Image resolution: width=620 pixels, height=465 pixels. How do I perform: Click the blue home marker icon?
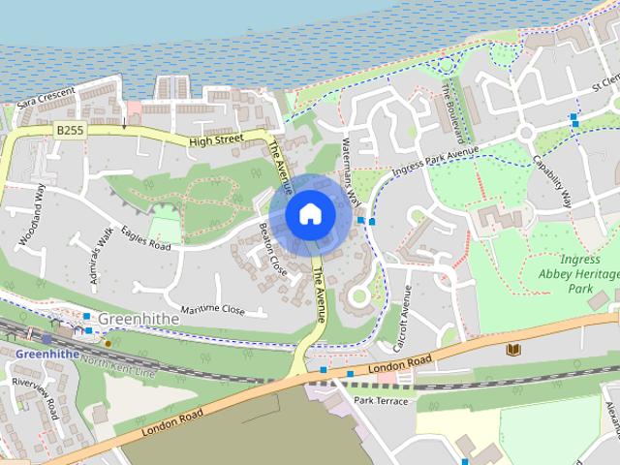(308, 213)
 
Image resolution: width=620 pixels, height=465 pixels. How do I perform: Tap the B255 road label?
(69, 128)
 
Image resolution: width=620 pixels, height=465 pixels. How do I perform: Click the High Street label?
(215, 140)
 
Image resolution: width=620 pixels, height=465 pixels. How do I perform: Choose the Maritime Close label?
(212, 309)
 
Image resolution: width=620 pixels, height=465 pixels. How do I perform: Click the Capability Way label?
(551, 179)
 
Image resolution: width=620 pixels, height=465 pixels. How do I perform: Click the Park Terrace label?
(381, 401)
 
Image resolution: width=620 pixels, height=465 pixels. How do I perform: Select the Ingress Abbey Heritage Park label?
(578, 274)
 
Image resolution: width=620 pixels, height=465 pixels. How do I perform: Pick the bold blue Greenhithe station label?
(46, 355)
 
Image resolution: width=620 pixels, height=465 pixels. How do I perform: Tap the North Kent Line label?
(119, 365)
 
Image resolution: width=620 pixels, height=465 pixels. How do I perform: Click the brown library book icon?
(512, 350)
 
